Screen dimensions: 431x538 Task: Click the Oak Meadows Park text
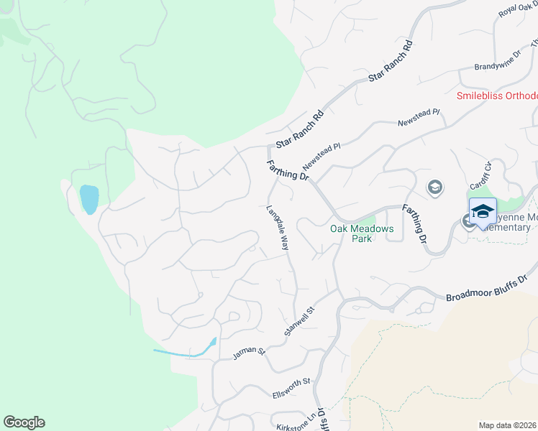click(352, 233)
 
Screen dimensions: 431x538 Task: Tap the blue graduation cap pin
click(483, 212)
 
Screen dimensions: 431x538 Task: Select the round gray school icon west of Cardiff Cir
click(434, 187)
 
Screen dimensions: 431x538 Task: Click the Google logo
click(24, 422)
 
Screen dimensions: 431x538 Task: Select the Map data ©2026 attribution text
click(508, 425)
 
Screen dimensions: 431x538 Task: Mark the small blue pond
click(88, 200)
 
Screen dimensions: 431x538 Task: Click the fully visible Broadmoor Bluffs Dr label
click(488, 287)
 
